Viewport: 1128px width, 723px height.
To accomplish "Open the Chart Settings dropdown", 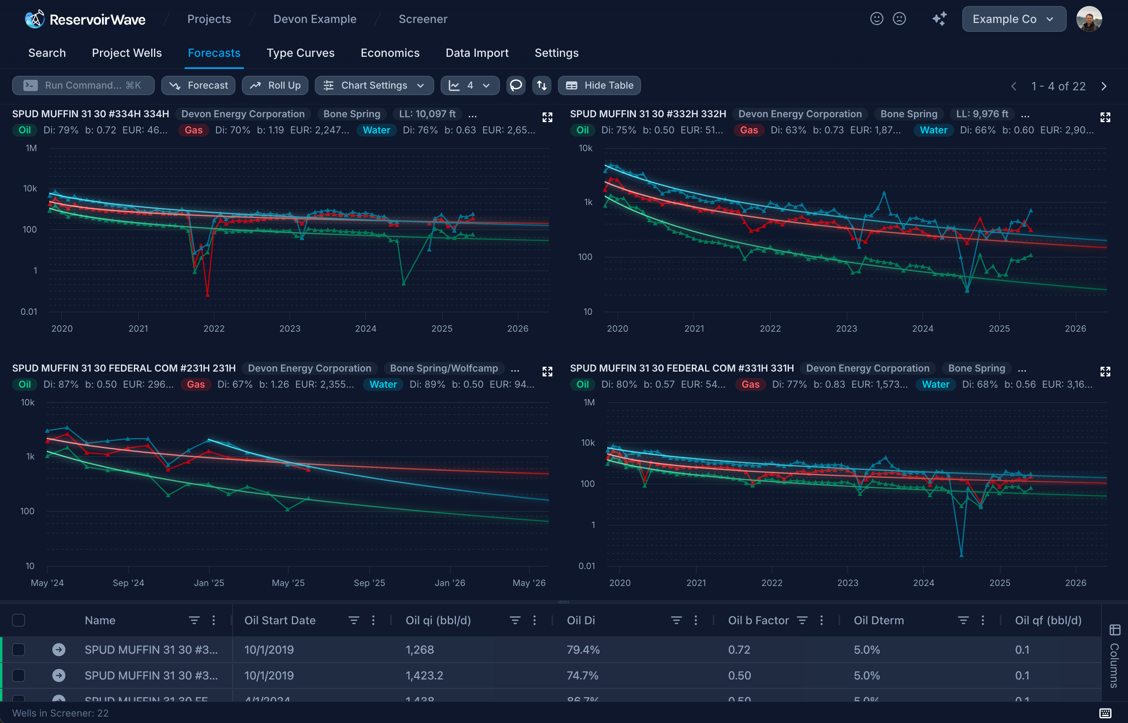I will click(x=374, y=85).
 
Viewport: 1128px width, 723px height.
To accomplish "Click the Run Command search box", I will click(x=83, y=85).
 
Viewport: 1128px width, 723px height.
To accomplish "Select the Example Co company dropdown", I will click(x=1014, y=19).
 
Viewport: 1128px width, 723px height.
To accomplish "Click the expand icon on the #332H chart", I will click(x=1105, y=117).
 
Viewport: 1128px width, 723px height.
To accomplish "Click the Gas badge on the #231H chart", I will click(x=196, y=384).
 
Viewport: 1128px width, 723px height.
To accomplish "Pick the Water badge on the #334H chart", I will click(x=376, y=130).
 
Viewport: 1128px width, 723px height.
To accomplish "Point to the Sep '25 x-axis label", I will click(x=369, y=583).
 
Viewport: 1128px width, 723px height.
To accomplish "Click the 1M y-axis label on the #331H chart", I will click(x=589, y=402).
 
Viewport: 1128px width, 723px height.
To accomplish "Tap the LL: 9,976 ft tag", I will click(x=982, y=114).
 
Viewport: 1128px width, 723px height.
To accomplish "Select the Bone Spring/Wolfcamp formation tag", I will click(x=444, y=368).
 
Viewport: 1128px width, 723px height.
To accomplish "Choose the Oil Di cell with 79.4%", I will click(x=583, y=650).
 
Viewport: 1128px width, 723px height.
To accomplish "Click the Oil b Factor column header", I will click(x=758, y=620).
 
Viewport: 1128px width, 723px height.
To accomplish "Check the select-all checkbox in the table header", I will click(x=18, y=620).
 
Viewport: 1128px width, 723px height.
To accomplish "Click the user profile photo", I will click(x=1088, y=19).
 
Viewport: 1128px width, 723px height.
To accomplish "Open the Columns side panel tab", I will click(x=1114, y=657).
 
